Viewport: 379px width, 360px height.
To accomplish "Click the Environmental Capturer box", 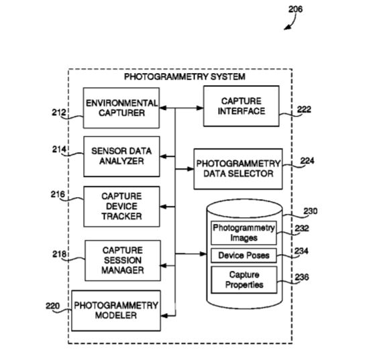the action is (121, 108).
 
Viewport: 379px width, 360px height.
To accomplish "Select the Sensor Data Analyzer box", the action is (121, 156).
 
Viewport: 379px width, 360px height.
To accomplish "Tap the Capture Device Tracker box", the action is (121, 206).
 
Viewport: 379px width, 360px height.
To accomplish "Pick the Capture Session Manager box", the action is (123, 261).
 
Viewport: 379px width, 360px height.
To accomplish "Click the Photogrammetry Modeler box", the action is (116, 310).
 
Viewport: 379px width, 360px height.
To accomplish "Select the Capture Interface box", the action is (241, 106).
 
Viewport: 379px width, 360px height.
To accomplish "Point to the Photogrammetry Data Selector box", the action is (238, 169).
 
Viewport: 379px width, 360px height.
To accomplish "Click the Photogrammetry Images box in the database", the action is (243, 233).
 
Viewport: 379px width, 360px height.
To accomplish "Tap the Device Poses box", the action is (243, 255).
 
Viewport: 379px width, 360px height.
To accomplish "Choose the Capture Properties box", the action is (244, 280).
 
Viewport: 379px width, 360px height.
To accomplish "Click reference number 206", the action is (295, 9).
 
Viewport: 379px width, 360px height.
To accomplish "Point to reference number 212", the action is (59, 113).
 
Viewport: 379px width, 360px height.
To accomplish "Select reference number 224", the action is (307, 161).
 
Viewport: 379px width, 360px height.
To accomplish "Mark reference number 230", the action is (311, 211).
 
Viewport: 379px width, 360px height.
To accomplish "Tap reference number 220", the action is (52, 306).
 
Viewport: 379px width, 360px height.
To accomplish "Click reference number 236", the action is (302, 277).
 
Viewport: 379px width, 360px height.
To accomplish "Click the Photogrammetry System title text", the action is (184, 76).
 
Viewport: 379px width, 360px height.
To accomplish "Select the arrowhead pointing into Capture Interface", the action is (200, 108).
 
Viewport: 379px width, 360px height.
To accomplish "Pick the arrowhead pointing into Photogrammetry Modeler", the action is (164, 316).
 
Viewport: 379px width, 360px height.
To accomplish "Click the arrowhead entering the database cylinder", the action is (203, 253).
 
